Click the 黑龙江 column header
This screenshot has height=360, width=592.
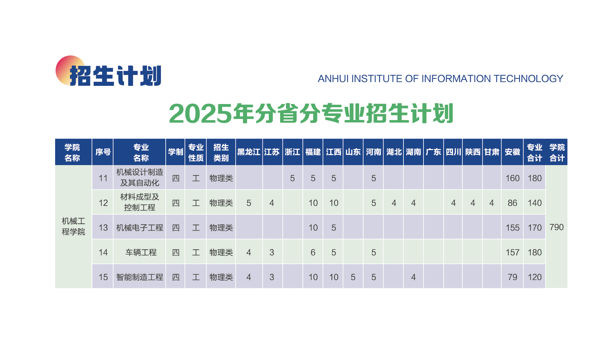[249, 152]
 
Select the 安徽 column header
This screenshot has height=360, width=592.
[512, 152]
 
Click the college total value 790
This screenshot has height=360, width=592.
[556, 227]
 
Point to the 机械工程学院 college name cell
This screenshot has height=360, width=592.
[73, 227]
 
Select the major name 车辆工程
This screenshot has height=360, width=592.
[141, 252]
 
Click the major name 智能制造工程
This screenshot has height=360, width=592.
[139, 277]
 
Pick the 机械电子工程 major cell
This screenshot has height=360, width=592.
[139, 227]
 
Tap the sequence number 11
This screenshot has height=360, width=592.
[103, 178]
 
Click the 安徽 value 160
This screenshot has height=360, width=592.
[512, 178]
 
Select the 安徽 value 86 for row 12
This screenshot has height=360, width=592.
[512, 203]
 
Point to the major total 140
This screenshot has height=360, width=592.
[534, 203]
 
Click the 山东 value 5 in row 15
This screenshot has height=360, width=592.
[353, 277]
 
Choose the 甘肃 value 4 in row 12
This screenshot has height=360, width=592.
[491, 203]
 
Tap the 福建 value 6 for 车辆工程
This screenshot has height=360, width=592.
[313, 252]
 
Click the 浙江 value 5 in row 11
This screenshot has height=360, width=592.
[292, 178]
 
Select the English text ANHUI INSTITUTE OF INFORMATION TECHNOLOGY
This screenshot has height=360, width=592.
[440, 79]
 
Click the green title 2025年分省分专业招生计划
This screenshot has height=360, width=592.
[311, 113]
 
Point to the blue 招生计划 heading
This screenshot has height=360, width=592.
[115, 76]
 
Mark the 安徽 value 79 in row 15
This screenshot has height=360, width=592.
[512, 277]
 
